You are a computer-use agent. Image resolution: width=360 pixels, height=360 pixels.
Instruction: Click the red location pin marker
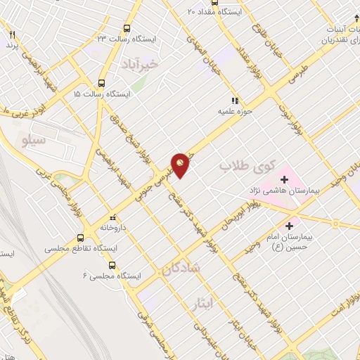pos(181,165)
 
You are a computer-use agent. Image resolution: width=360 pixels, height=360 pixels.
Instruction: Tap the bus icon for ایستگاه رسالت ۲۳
pos(127,28)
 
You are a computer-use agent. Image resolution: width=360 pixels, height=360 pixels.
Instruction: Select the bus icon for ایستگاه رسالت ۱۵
pos(102,82)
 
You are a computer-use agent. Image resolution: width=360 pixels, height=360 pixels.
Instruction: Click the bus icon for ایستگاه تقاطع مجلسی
pos(81,238)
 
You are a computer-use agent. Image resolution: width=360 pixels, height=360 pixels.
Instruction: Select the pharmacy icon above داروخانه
pos(112,217)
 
